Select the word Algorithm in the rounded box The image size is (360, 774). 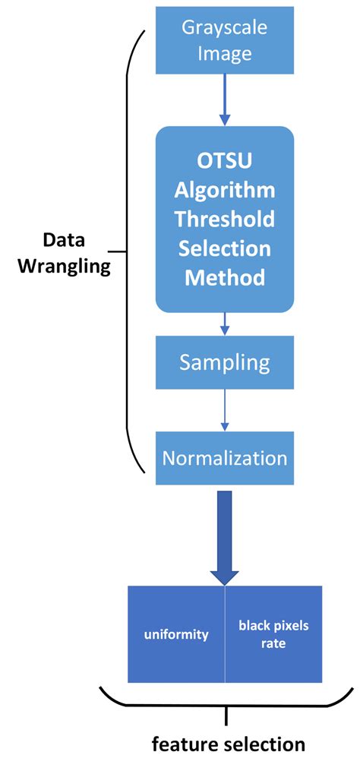pos(225,189)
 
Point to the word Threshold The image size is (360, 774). pos(225,219)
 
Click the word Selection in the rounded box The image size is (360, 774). pos(225,248)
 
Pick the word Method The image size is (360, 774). pos(225,277)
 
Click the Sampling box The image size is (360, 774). pos(225,362)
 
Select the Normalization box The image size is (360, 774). pos(225,459)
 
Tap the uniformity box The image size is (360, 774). pos(176,634)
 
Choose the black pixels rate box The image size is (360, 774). pos(273,634)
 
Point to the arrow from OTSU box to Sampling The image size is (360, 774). pos(225,324)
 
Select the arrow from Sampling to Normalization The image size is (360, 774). pos(225,410)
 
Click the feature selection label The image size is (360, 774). pos(228,744)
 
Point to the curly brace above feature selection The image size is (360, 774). pos(226,704)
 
